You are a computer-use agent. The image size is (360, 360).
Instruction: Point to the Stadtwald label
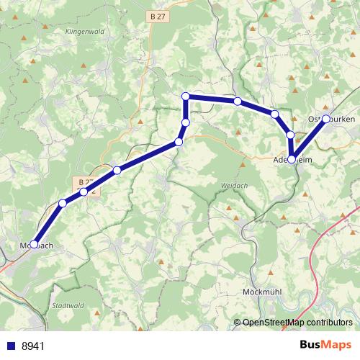click(67, 305)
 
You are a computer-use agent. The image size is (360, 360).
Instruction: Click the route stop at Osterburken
click(325, 119)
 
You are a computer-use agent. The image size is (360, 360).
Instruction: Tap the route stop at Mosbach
click(34, 245)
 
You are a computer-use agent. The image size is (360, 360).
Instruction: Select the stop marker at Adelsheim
click(292, 160)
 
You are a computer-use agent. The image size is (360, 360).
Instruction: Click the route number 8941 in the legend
click(33, 346)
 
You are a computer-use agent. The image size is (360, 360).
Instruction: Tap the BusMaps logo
click(326, 345)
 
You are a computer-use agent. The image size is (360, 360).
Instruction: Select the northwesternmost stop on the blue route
click(186, 96)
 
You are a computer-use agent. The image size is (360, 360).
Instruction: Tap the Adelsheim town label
click(292, 161)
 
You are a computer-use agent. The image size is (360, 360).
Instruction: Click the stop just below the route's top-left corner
click(186, 123)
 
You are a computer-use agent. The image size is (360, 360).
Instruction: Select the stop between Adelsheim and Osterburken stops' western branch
click(290, 135)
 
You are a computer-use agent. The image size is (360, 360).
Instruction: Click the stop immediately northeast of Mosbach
click(63, 204)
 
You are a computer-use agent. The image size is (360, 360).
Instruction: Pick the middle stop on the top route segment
click(237, 101)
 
